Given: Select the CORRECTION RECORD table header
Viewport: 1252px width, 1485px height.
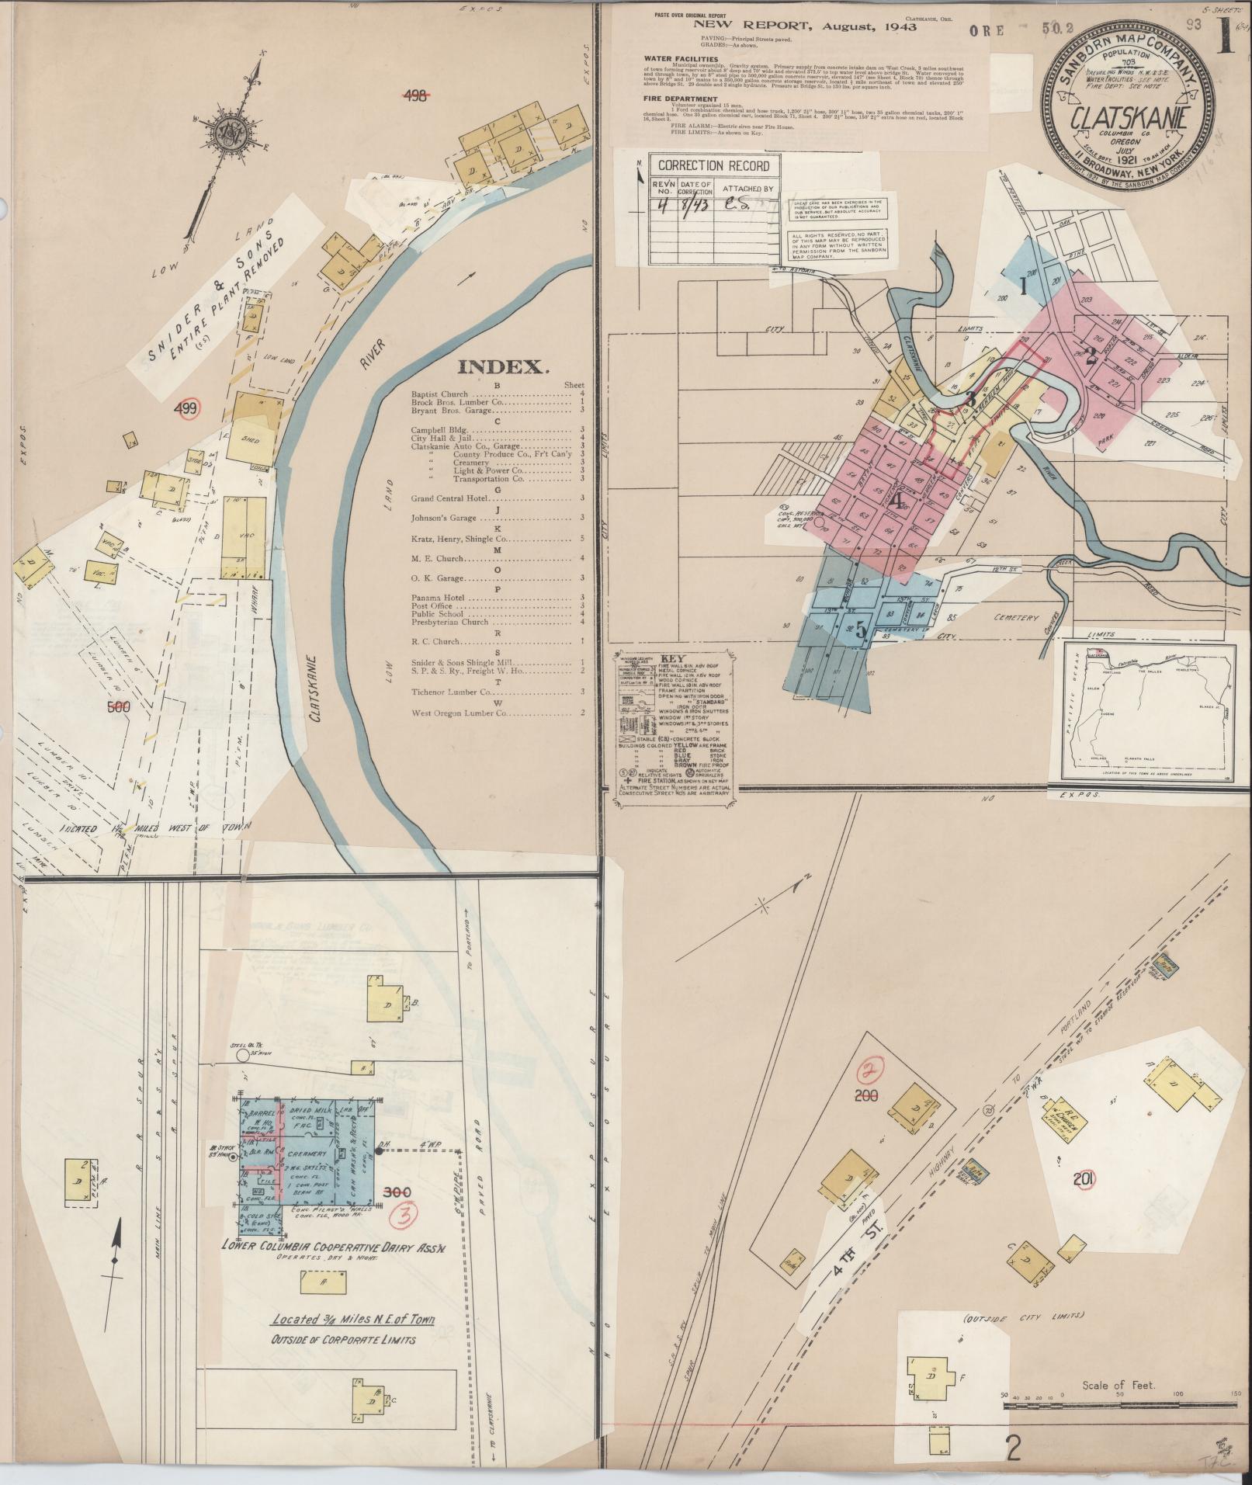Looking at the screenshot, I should pos(713,165).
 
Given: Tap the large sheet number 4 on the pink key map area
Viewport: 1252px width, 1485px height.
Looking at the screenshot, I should pos(898,501).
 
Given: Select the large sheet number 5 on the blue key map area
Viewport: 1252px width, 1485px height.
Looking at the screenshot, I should pos(861,630).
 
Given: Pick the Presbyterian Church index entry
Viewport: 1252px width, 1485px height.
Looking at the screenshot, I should pos(450,622).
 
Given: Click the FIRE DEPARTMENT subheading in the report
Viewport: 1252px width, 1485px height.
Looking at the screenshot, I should pos(680,99).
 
